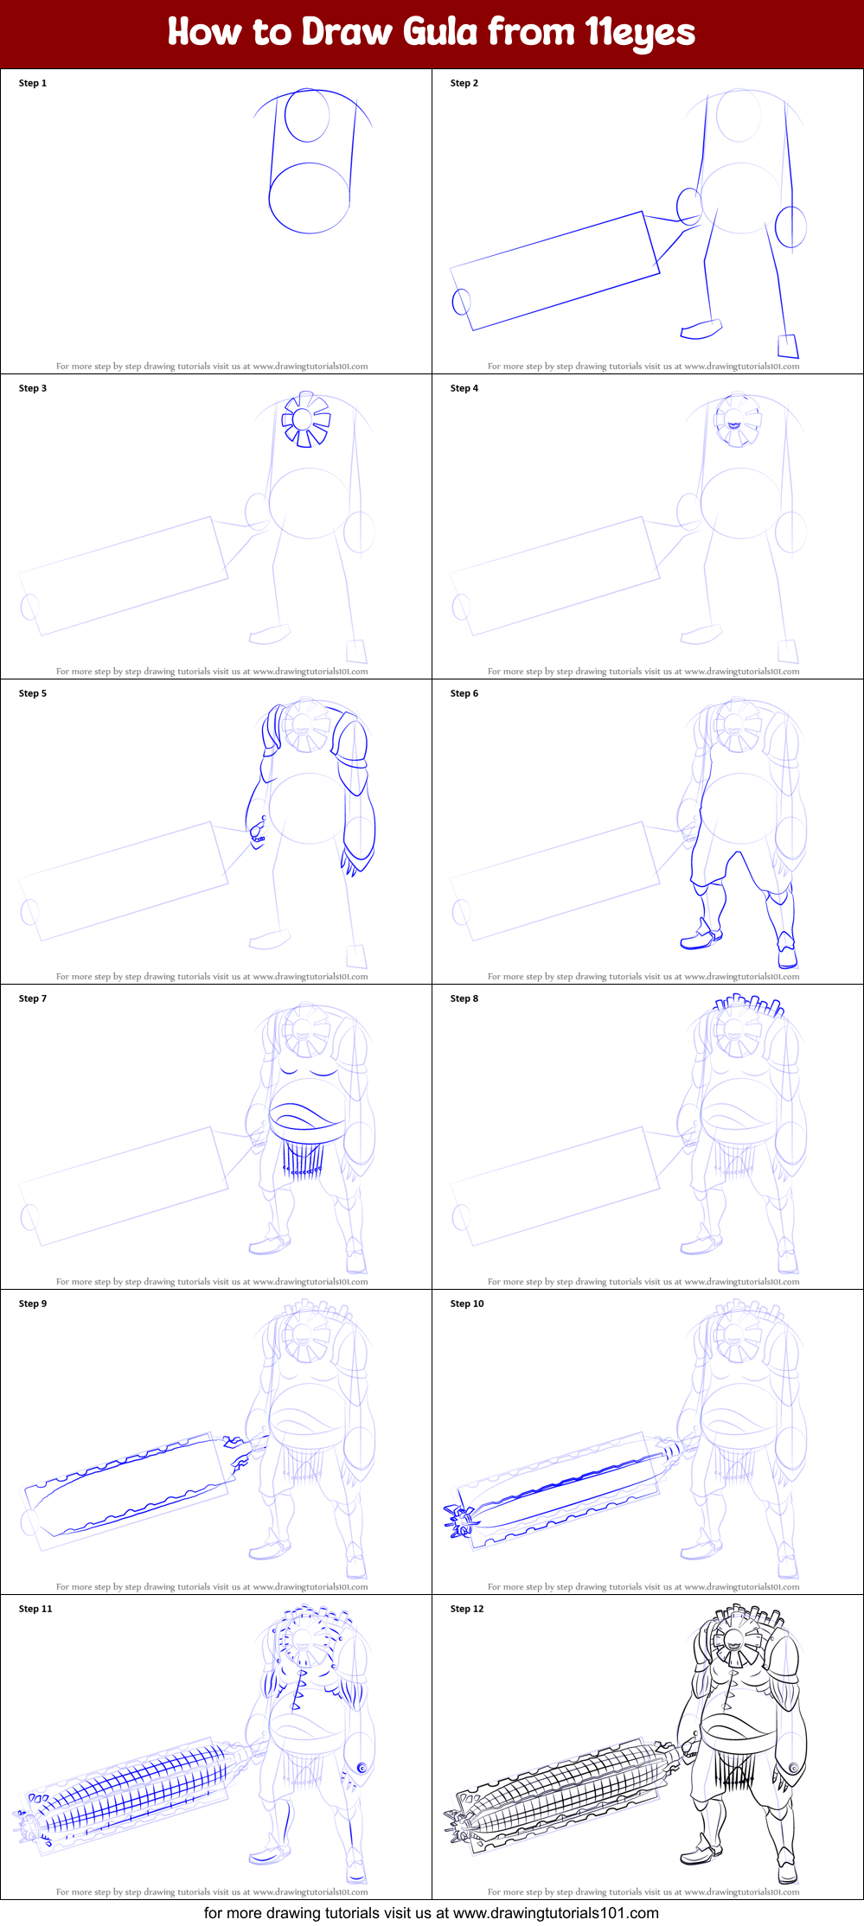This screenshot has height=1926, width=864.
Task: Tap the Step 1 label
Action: pyautogui.click(x=33, y=84)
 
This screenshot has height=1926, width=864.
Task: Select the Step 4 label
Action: pyautogui.click(x=464, y=389)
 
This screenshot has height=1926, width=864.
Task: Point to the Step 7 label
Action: pyautogui.click(x=33, y=999)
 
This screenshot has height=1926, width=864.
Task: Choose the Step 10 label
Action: pyautogui.click(x=467, y=1304)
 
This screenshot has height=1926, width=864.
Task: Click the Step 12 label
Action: pyautogui.click(x=467, y=1610)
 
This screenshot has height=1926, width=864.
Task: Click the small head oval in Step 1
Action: pyautogui.click(x=307, y=115)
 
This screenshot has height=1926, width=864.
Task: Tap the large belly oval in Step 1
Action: pyautogui.click(x=309, y=198)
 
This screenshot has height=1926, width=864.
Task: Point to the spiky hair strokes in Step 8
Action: pyautogui.click(x=749, y=1005)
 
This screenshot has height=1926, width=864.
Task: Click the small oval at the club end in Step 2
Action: pyautogui.click(x=462, y=302)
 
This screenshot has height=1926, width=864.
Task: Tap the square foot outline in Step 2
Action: pyautogui.click(x=788, y=346)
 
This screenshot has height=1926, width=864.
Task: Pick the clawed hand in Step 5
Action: pyautogui.click(x=258, y=833)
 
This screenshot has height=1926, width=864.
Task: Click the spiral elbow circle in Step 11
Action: pyautogui.click(x=362, y=1769)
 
